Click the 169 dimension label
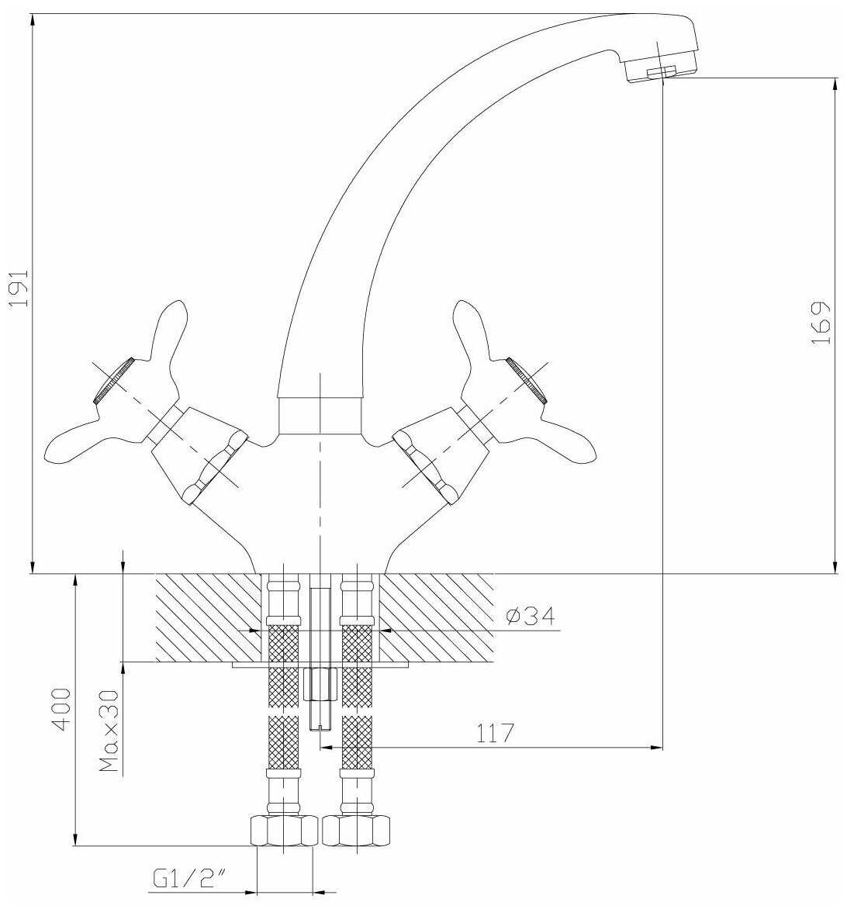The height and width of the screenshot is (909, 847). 821,323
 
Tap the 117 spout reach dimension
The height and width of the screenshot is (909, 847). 495,734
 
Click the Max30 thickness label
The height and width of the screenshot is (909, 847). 109,731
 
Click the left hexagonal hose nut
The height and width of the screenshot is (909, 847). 284,831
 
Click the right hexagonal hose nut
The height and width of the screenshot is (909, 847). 356,831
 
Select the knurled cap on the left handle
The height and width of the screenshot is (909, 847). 114,380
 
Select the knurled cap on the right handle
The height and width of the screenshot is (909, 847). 527,380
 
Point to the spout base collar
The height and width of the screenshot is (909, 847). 320,416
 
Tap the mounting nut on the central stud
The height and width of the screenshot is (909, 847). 320,685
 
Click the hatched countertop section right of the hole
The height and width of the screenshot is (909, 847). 436,618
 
